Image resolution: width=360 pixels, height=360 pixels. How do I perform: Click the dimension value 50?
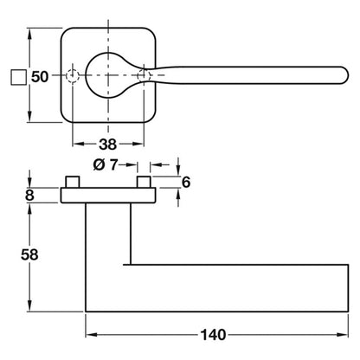point(40,77)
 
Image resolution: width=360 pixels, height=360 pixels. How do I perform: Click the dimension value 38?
point(108,145)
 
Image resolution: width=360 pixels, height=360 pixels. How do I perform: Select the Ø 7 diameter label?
point(106,165)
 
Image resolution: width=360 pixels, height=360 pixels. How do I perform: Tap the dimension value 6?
point(186,183)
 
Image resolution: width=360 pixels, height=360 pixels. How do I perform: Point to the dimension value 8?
point(29,196)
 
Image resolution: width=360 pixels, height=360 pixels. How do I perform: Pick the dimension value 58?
point(29,254)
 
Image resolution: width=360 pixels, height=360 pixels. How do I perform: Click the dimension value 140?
point(213,335)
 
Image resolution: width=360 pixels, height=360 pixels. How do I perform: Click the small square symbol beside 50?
point(19,77)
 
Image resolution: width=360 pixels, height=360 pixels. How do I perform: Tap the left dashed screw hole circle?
point(73,75)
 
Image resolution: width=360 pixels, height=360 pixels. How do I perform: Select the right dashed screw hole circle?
point(144,75)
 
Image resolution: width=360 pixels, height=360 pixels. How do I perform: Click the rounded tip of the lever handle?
point(346,75)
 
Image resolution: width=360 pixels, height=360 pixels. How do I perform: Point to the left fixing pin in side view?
point(73,182)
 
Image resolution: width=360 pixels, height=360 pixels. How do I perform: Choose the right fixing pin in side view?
point(144,182)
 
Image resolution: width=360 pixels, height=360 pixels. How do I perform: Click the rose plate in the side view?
point(108,195)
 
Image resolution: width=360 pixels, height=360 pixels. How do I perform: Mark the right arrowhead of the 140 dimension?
point(343,335)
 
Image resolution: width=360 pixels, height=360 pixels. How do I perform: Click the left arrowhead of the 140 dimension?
point(92,335)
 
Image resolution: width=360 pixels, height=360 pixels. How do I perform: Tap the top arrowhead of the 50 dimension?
point(29,34)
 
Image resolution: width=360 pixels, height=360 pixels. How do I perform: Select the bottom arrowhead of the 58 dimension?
point(29,305)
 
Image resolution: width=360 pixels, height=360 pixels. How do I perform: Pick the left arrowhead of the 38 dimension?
point(78,144)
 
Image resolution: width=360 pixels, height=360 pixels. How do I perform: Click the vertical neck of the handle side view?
point(108,234)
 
